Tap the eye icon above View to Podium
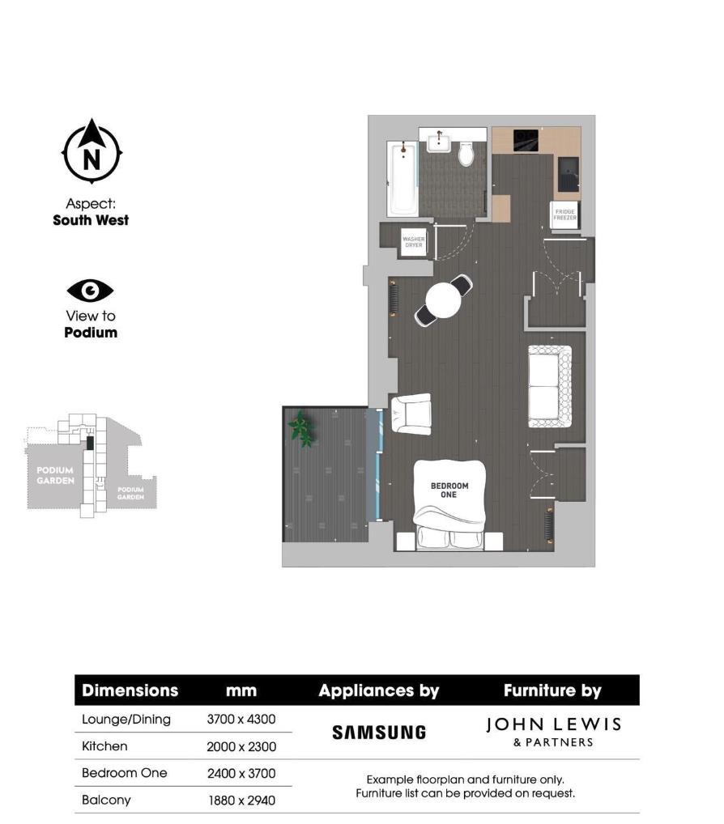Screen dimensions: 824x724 coord(91,291)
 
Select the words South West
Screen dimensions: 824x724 coord(91,219)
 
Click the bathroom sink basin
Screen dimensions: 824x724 coord(438,143)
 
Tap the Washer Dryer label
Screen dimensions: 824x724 coord(414,242)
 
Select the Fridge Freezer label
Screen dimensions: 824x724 coord(565,214)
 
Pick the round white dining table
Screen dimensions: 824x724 coord(443,301)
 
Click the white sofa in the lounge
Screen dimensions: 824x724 coord(549,386)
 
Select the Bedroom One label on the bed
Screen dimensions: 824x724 coord(449,490)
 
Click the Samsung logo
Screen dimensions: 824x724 coord(379,732)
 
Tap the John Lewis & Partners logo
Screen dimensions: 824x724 coord(553,731)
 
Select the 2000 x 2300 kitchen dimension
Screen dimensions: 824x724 coord(241,747)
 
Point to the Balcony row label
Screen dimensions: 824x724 coord(106,800)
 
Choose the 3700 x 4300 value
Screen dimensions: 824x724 coord(241,720)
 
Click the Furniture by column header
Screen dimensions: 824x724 coord(552,690)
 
